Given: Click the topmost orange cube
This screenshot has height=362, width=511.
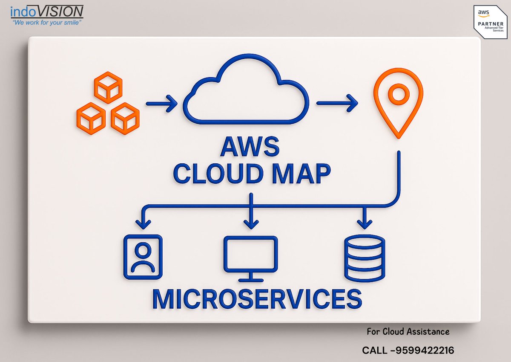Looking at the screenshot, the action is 108,87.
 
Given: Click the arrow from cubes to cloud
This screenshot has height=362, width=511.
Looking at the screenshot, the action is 161,103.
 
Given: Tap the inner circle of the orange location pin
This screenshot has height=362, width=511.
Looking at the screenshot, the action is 398,94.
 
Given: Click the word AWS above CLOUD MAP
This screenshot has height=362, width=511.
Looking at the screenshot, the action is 250,148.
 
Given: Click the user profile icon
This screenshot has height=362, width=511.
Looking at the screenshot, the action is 143,257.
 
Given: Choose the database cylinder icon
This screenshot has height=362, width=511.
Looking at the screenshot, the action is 364,258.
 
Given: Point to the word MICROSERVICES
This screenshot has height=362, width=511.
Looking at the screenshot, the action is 257,299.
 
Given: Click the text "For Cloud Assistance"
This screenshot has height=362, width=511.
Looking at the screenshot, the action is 408,331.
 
